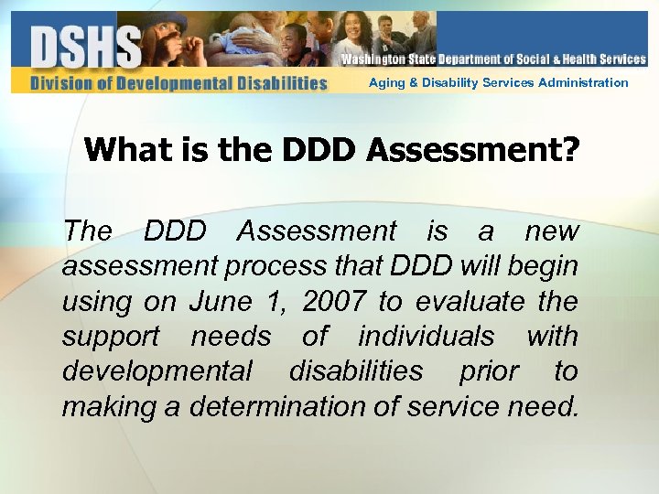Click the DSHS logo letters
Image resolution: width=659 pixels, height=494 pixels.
pyautogui.click(x=86, y=46)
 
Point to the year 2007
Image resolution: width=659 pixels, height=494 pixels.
pyautogui.click(x=333, y=301)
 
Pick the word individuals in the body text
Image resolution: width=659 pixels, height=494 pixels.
pyautogui.click(x=427, y=336)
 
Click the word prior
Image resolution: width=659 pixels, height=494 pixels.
pyautogui.click(x=488, y=370)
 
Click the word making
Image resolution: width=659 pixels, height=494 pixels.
pyautogui.click(x=106, y=405)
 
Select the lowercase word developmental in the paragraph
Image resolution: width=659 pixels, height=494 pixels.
pyautogui.click(x=157, y=370)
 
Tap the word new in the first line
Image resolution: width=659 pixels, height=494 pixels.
pyautogui.click(x=553, y=231)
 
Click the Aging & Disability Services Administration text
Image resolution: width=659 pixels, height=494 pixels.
pyautogui.click(x=498, y=83)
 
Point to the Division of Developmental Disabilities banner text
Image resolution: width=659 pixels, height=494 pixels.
pyautogui.click(x=178, y=83)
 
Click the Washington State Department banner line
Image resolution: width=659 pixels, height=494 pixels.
pyautogui.click(x=493, y=59)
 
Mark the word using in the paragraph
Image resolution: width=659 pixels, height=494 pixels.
pyautogui.click(x=94, y=301)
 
